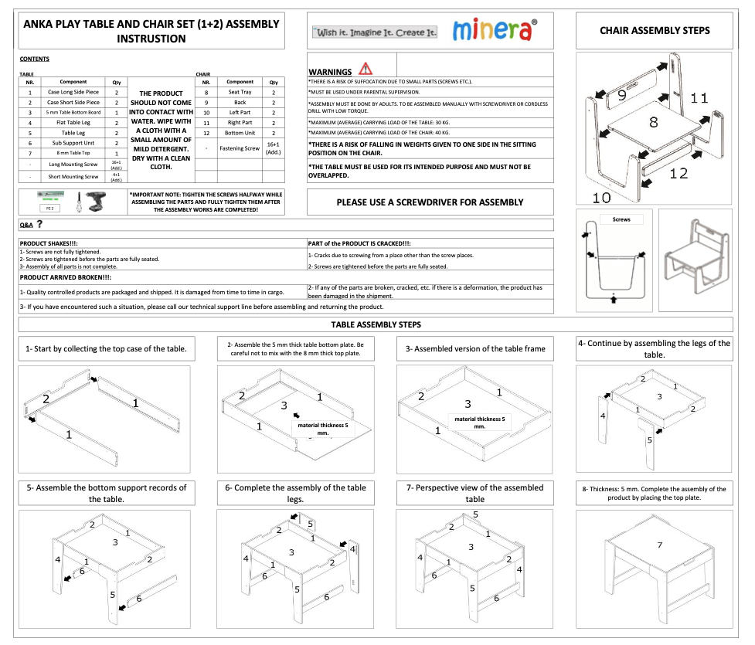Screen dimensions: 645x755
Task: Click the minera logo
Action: tap(492, 31)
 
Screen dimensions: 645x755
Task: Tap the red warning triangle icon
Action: tap(366, 69)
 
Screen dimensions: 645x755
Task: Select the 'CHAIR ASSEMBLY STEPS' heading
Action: tap(655, 31)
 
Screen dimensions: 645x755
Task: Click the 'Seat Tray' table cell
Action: tap(240, 92)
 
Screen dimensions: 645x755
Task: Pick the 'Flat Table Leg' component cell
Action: tap(73, 123)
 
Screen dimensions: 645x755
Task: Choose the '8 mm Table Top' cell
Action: tap(73, 153)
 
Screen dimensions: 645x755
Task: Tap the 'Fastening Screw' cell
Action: tap(240, 148)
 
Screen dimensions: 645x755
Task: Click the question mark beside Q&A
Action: tap(39, 224)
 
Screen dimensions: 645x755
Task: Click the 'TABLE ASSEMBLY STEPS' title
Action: tap(376, 325)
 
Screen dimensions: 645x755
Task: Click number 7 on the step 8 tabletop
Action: tap(659, 545)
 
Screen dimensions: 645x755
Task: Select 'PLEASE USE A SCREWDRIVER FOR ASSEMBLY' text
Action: tap(430, 202)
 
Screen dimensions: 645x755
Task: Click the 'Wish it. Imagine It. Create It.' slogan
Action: tap(376, 33)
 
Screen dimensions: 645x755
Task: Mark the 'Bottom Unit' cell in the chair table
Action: tap(240, 133)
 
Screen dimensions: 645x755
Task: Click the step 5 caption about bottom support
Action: tap(106, 493)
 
